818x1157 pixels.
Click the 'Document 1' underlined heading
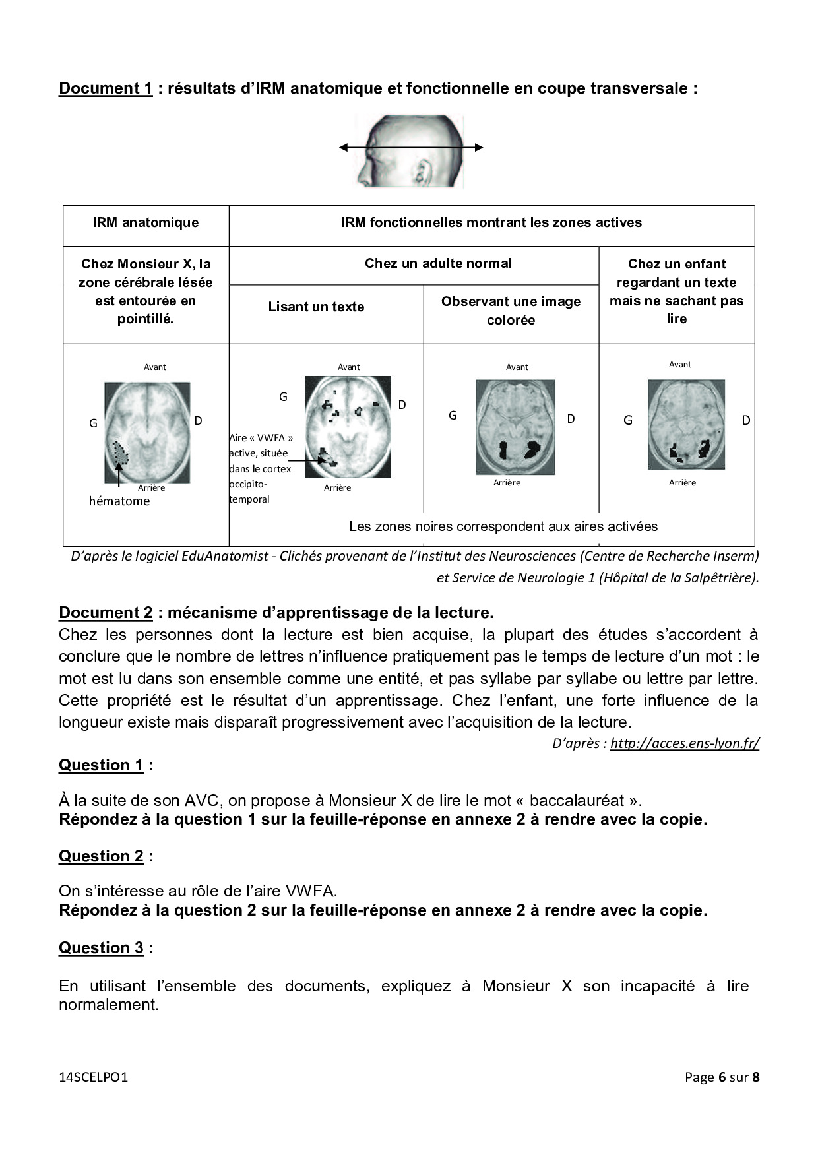click(x=106, y=88)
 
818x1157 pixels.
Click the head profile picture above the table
click(x=410, y=151)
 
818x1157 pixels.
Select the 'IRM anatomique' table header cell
click(x=146, y=222)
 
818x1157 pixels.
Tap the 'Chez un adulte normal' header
click(x=438, y=263)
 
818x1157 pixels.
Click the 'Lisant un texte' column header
click(x=316, y=307)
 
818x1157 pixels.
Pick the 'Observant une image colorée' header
click(x=511, y=311)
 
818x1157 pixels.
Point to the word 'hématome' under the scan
click(x=119, y=501)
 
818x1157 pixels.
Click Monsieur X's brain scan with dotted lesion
click(x=147, y=433)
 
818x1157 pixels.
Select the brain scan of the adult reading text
click(x=348, y=427)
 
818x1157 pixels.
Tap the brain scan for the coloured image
click(x=515, y=427)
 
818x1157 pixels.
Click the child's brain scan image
click(x=686, y=424)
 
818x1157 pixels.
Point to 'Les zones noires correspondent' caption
click(x=503, y=526)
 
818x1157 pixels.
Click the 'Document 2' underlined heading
click(x=106, y=613)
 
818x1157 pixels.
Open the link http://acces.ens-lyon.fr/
click(x=685, y=743)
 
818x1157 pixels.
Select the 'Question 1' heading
click(x=101, y=765)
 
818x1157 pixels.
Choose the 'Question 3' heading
click(x=101, y=948)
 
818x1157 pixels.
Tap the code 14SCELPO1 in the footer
click(x=93, y=1077)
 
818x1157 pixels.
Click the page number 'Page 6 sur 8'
click(x=722, y=1077)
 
